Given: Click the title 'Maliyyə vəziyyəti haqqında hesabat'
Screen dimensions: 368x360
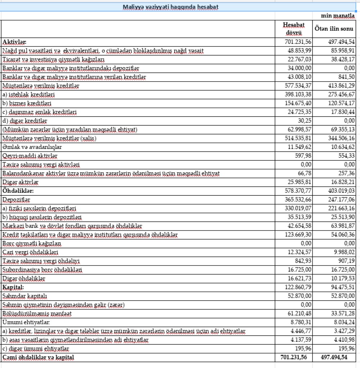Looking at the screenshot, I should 171,7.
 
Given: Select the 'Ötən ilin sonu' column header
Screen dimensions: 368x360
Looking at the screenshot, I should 334,28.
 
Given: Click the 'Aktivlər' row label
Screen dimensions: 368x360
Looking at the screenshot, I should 14,42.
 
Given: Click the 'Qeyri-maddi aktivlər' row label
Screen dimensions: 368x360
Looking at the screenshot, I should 30,156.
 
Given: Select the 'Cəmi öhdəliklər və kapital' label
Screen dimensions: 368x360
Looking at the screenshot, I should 39,358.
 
